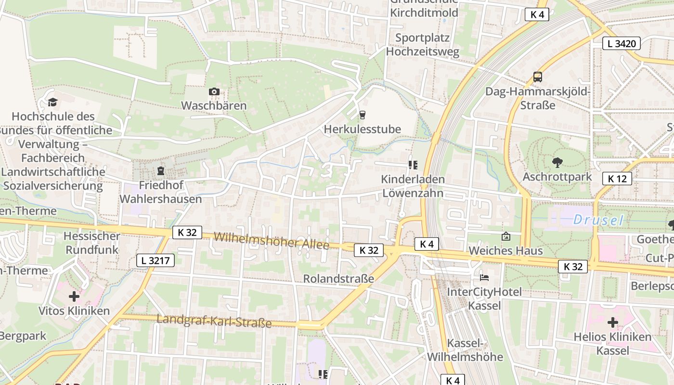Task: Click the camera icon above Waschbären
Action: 214,91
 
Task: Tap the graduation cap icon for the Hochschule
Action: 52,102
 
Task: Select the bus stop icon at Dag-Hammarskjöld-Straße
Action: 537,77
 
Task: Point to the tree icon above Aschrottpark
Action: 557,162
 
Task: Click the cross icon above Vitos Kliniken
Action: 74,296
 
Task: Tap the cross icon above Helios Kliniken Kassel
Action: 612,322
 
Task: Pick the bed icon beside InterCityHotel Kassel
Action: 484,278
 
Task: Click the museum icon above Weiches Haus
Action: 505,236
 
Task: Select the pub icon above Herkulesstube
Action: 362,115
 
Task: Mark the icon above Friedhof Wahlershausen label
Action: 160,171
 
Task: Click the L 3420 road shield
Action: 621,43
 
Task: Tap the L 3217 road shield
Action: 155,260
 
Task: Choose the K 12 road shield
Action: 617,179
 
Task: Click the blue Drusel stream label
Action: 598,220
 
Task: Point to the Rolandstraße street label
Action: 338,279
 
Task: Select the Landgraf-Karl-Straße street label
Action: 214,321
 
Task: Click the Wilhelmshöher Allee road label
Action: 272,241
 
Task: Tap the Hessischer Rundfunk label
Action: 92,243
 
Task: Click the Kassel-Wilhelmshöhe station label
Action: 465,350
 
